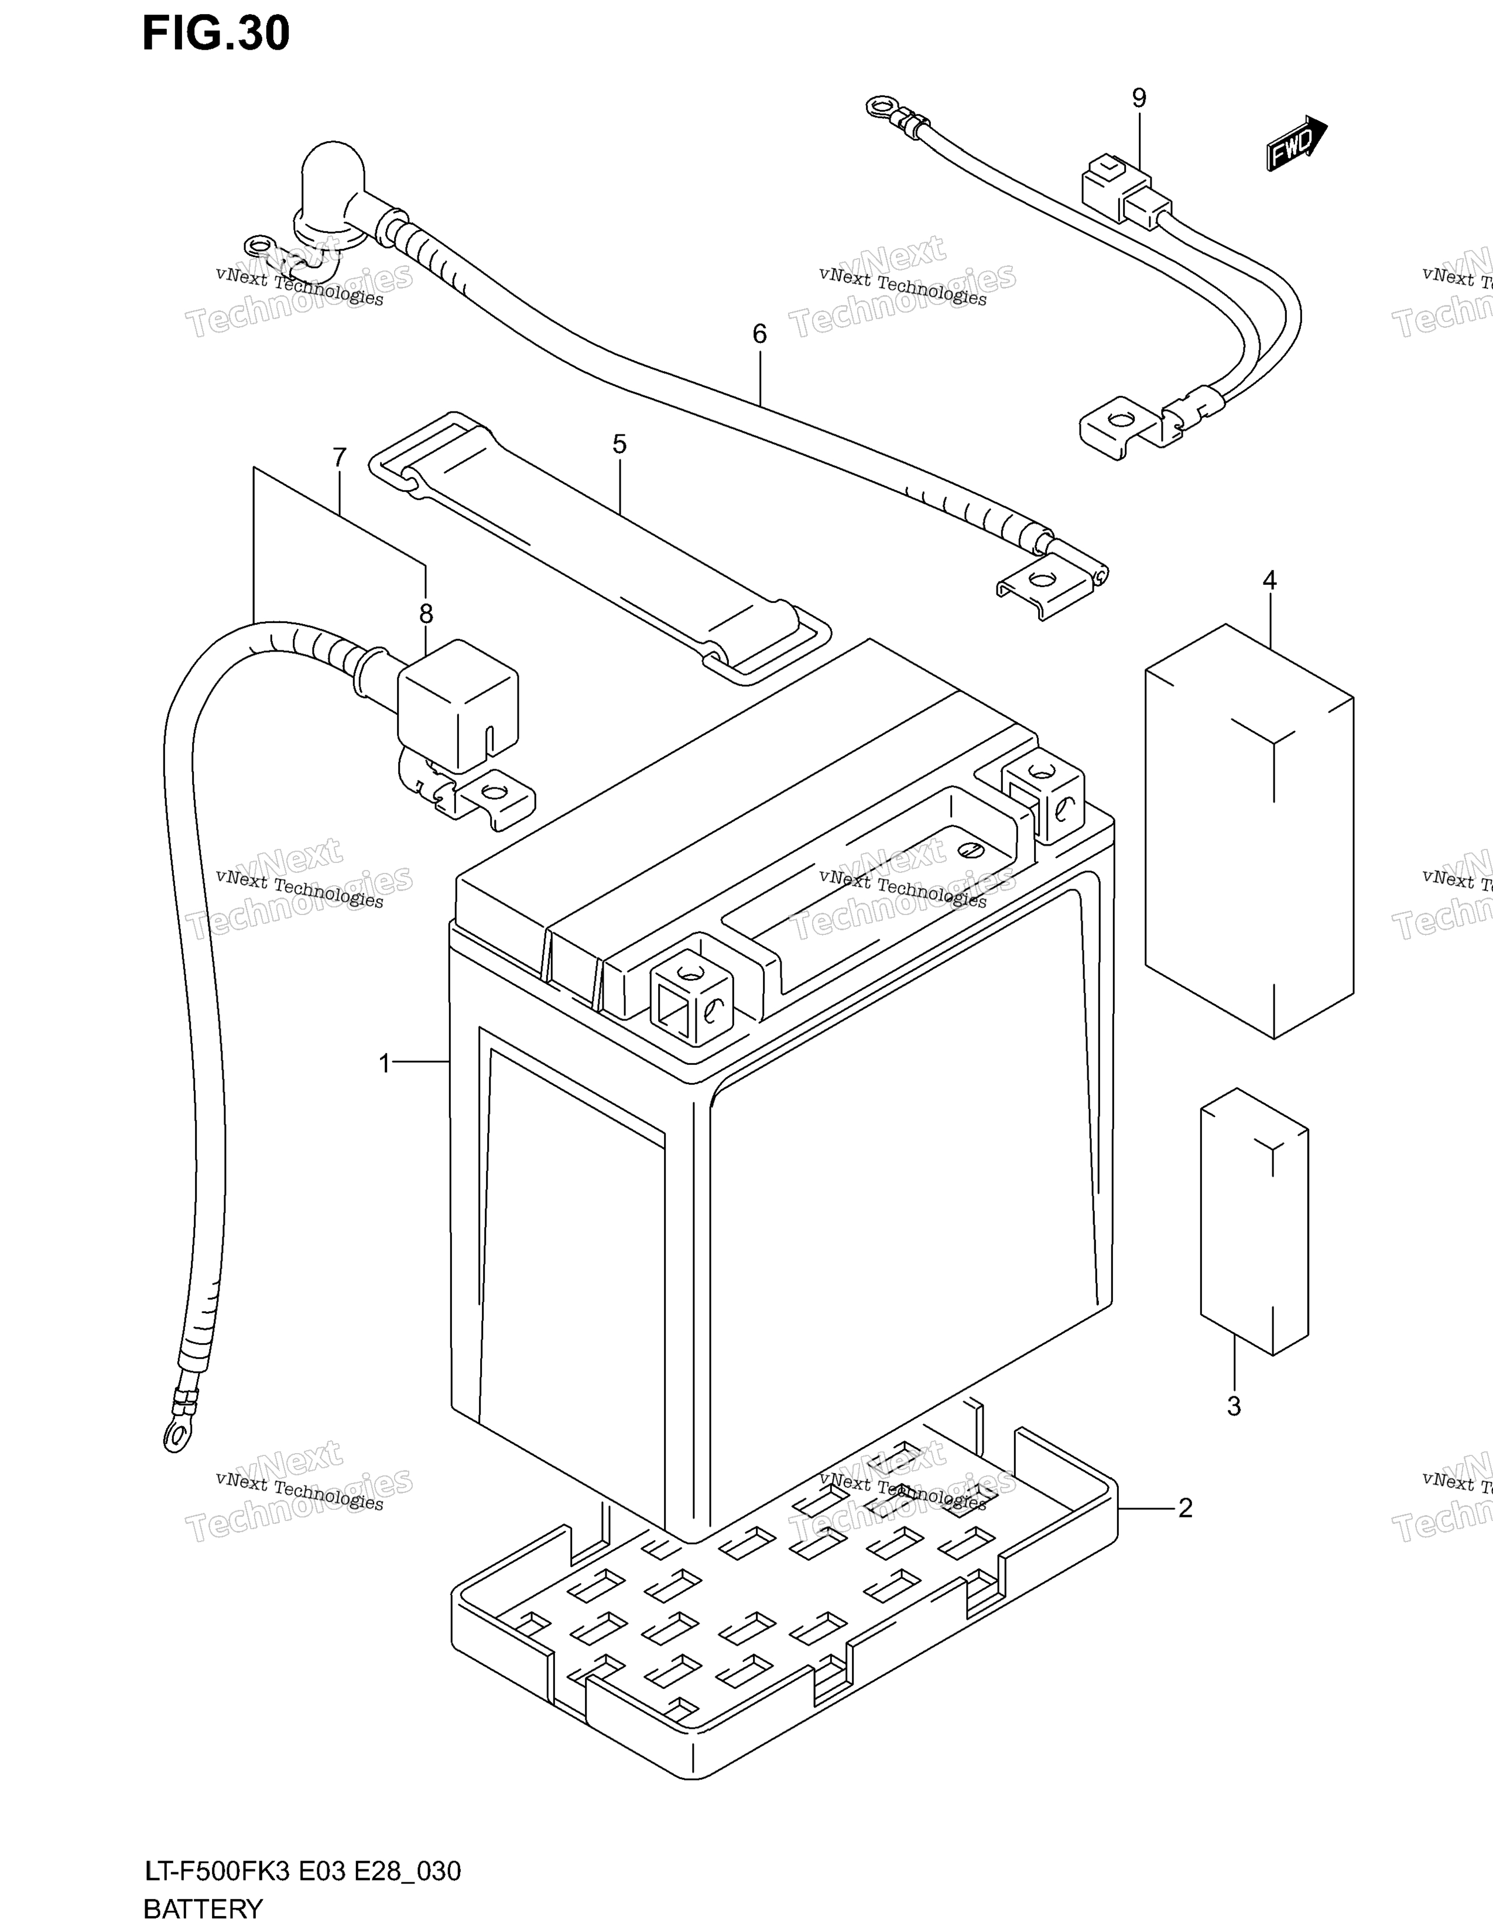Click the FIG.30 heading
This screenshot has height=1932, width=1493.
(x=216, y=33)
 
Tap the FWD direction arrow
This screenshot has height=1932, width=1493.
(x=1296, y=143)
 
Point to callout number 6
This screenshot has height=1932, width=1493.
(x=759, y=334)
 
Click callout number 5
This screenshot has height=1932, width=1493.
(x=619, y=444)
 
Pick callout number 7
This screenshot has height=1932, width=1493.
(x=340, y=457)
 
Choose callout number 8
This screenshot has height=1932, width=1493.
(x=426, y=612)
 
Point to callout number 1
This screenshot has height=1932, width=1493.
(x=385, y=1063)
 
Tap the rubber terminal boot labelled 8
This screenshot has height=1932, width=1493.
(x=457, y=705)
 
